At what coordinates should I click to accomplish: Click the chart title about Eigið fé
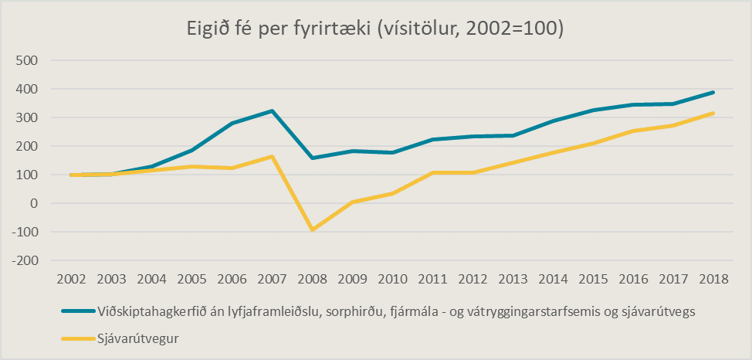(x=376, y=29)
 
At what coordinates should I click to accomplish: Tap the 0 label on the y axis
(x=32, y=203)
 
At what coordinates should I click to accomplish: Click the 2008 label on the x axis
(x=312, y=279)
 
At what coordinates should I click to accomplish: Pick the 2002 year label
(x=71, y=279)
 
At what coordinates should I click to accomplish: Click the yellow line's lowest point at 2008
(x=312, y=230)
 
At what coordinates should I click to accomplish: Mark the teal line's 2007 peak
(x=272, y=110)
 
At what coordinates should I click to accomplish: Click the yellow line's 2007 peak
(x=272, y=156)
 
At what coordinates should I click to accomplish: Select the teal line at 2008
(x=312, y=158)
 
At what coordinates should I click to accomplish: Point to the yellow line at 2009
(x=352, y=202)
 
